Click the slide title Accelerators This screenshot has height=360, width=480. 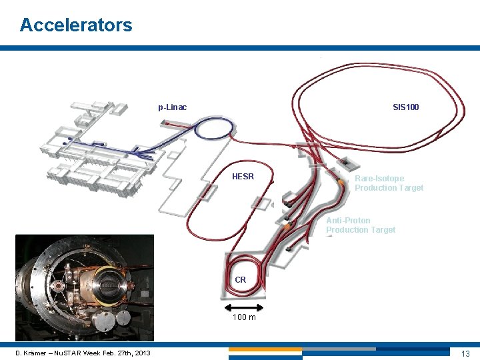click(x=76, y=25)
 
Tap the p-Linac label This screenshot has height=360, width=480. click(x=172, y=107)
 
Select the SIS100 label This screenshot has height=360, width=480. click(x=405, y=107)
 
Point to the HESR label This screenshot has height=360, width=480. click(x=243, y=177)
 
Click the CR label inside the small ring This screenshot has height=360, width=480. click(x=241, y=280)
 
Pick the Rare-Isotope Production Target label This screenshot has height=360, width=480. click(x=389, y=183)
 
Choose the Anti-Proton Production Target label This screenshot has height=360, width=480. click(x=361, y=225)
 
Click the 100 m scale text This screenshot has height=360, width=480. click(x=244, y=317)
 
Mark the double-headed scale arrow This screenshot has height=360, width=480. click(x=245, y=307)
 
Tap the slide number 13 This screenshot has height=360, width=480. click(x=465, y=353)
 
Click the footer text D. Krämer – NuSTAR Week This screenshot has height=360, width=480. click(x=59, y=353)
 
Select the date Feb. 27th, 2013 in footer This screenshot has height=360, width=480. click(x=127, y=353)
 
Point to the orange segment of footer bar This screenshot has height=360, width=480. click(x=265, y=349)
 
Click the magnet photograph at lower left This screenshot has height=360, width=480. click(x=84, y=288)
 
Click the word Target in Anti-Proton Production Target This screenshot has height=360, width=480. click(x=381, y=230)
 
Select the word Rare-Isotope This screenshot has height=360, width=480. click(x=379, y=179)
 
